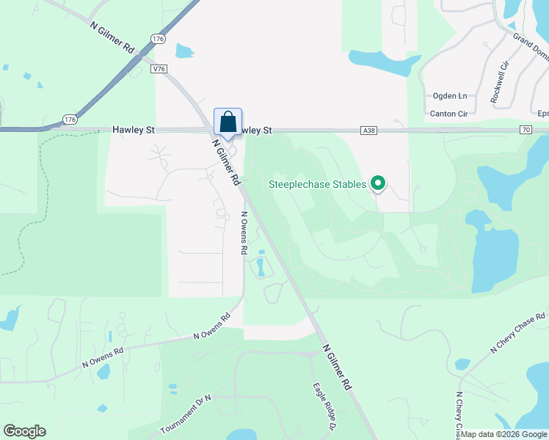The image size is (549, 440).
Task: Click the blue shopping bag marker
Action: coord(228,122)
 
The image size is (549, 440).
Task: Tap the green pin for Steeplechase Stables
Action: coord(378,183)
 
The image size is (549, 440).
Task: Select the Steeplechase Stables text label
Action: coord(318,184)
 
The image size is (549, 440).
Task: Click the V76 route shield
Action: coord(159,68)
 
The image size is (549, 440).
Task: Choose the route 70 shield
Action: coord(525,130)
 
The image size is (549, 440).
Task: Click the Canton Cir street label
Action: coord(448,114)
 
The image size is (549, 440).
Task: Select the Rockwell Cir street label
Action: coord(499,81)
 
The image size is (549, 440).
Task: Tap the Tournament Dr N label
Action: coord(186,415)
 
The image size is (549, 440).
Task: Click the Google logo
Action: coord(24,431)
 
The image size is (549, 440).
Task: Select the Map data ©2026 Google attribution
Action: coord(503,434)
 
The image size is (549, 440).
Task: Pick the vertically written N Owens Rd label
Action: coord(244,233)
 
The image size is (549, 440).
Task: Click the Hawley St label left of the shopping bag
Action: coord(134,130)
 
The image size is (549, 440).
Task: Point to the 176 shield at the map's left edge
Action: coord(70,119)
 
